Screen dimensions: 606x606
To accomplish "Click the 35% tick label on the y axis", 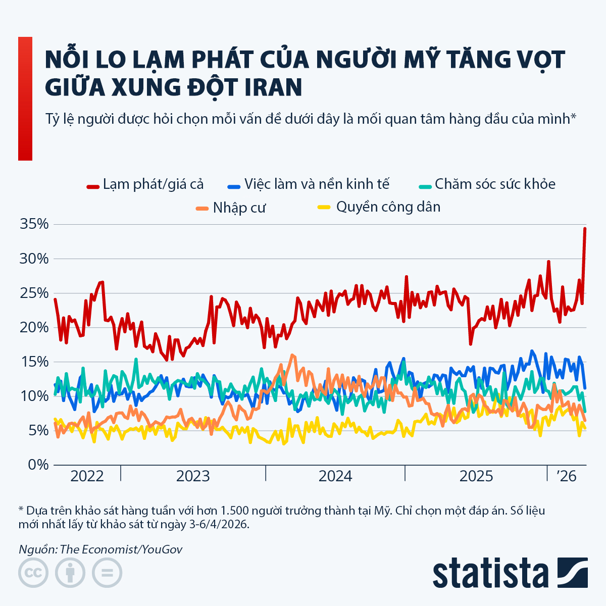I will (34, 224).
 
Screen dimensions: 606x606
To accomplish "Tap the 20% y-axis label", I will (34, 327).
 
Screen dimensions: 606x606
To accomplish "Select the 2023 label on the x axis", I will (193, 476).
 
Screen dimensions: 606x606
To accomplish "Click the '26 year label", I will (567, 476).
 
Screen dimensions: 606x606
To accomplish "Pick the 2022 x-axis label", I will (87, 476).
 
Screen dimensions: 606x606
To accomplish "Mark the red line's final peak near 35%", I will (585, 228).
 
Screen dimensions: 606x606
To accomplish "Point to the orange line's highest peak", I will (291, 355).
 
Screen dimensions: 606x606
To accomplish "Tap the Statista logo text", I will (490, 573).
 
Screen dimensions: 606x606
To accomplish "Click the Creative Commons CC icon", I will (33, 573).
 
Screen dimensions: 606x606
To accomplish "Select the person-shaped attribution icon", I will (70, 573).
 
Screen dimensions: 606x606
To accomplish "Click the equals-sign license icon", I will (107, 573).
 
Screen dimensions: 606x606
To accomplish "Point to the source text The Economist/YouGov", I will (121, 549).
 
